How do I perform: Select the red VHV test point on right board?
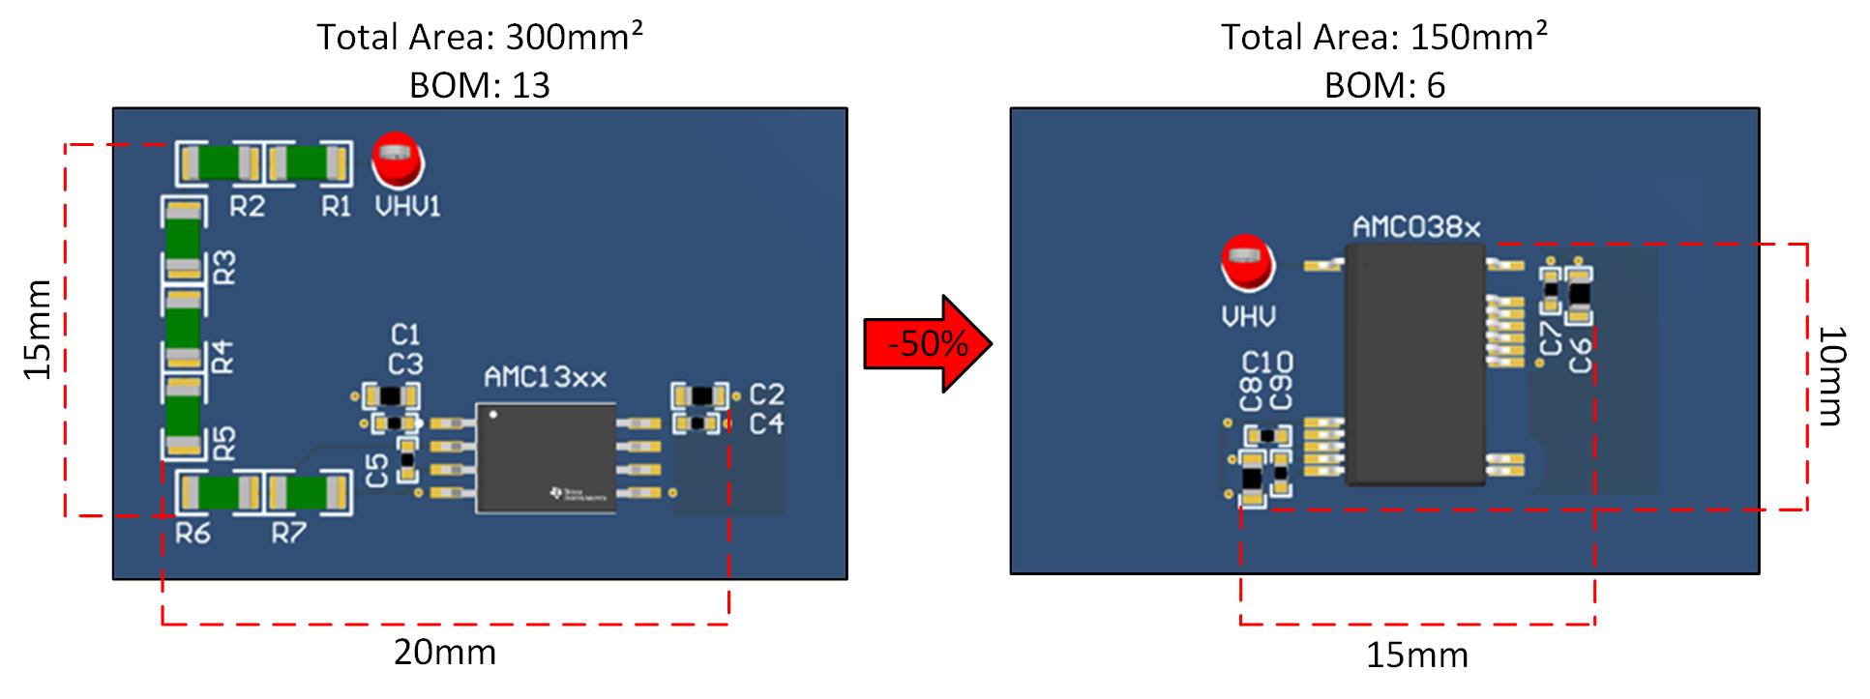1248,264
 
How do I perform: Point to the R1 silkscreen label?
336,206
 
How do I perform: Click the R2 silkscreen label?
247,206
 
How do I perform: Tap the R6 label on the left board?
193,533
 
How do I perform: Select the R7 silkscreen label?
288,533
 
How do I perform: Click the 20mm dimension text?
444,653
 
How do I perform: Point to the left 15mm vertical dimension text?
38,330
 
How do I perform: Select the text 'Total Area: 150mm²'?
1383,37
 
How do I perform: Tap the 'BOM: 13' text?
479,85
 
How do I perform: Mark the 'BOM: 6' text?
1383,85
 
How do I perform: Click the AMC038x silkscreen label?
1416,228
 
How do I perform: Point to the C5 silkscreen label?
378,470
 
